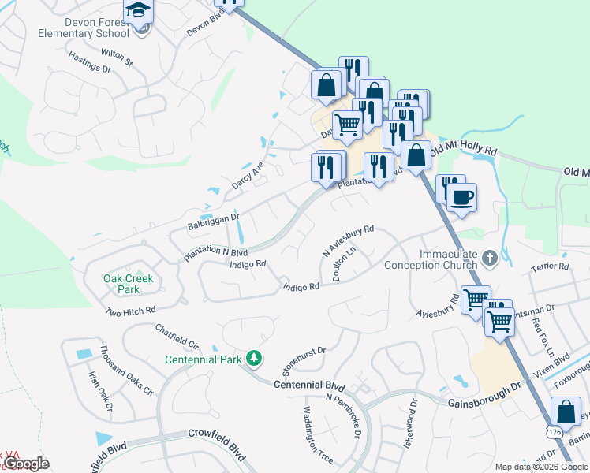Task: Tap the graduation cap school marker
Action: click(x=139, y=11)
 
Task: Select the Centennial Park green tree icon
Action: click(x=254, y=359)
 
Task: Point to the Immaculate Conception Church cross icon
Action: click(x=490, y=257)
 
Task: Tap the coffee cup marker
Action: click(x=463, y=196)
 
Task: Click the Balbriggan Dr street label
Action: click(x=213, y=221)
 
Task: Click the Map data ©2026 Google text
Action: click(x=540, y=467)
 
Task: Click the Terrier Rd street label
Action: click(x=551, y=266)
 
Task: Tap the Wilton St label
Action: click(x=118, y=56)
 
